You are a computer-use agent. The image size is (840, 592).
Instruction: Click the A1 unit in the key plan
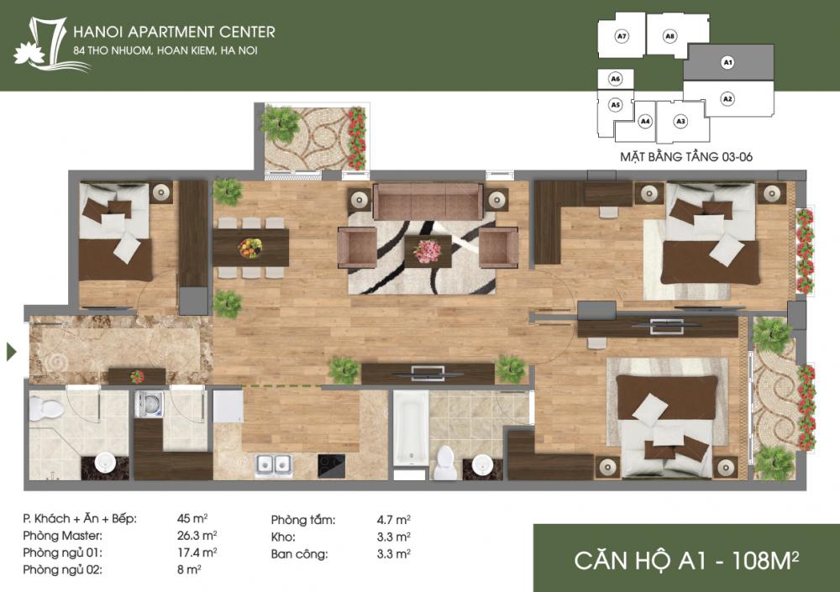(728, 62)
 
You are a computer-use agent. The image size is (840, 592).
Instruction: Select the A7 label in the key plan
(622, 36)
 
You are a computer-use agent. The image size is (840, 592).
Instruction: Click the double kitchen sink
(274, 464)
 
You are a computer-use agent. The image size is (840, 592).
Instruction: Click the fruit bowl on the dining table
(249, 248)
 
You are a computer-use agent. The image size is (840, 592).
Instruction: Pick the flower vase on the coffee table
(428, 250)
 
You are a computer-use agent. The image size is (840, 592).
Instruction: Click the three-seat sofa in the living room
(428, 202)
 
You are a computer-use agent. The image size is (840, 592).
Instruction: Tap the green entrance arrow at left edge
(11, 351)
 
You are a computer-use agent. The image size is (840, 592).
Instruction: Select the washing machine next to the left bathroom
(150, 405)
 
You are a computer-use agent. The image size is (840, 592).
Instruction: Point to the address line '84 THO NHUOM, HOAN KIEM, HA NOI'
(165, 52)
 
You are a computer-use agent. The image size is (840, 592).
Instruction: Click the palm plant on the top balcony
(280, 124)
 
